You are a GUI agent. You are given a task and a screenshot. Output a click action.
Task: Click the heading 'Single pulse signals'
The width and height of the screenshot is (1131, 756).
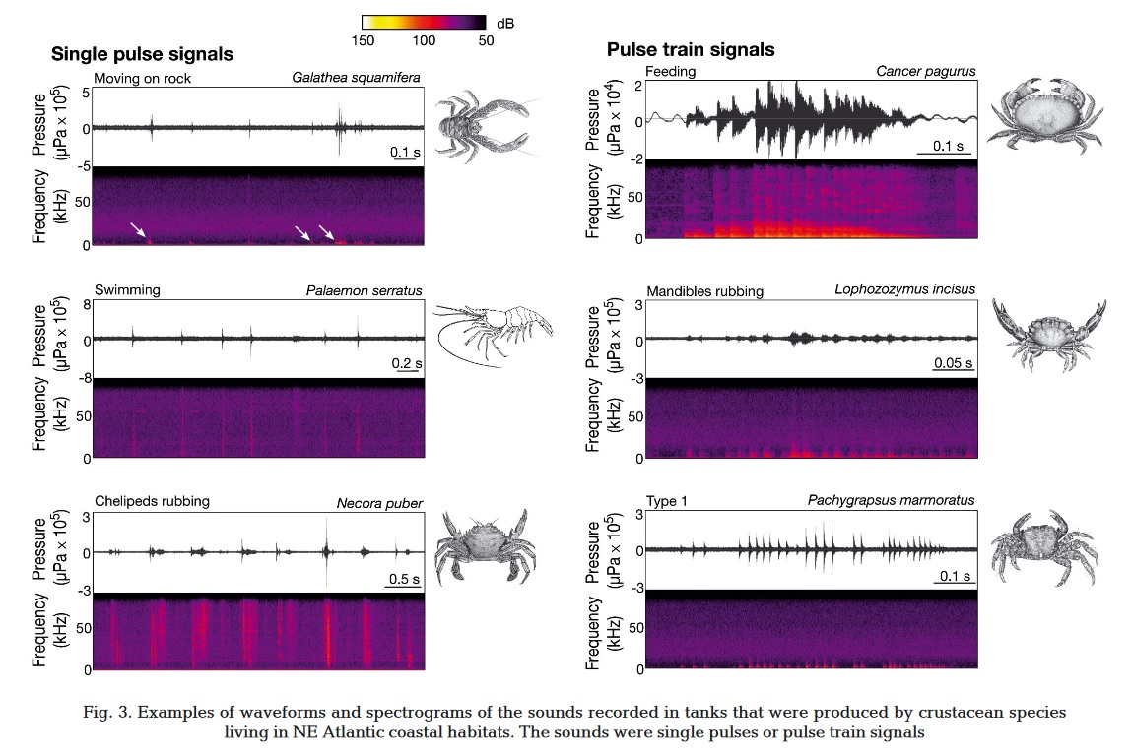pos(142,54)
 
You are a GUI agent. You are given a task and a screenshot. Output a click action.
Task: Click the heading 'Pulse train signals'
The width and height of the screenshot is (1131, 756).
pos(691,49)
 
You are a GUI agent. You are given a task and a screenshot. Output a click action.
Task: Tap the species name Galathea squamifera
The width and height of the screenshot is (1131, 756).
pos(357,78)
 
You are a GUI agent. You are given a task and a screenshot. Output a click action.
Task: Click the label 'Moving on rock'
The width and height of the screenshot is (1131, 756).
pos(143,78)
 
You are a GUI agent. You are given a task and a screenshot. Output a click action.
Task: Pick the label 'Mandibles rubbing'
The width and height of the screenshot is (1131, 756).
pos(704,291)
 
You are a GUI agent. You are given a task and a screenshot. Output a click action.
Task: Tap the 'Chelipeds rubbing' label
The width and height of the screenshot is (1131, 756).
pos(152,501)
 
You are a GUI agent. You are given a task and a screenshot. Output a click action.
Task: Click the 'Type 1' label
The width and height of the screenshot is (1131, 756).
pos(667,501)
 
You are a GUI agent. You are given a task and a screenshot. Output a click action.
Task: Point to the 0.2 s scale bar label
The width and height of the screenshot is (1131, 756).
pos(405,363)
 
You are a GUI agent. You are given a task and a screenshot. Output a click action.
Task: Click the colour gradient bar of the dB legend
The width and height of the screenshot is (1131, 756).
pos(424,21)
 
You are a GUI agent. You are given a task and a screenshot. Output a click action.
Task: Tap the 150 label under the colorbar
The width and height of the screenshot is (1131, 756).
pos(364,40)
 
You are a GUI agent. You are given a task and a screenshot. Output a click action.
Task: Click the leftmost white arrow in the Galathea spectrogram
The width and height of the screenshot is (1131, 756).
pos(138,229)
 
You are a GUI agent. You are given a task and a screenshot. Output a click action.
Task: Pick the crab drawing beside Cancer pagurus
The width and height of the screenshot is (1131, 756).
pos(1050,113)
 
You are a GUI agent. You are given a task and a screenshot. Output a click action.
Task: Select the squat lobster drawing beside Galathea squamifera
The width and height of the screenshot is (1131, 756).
pos(483,123)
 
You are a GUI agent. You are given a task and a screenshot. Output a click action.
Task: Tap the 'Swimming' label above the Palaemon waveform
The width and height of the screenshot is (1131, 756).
pos(127,290)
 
